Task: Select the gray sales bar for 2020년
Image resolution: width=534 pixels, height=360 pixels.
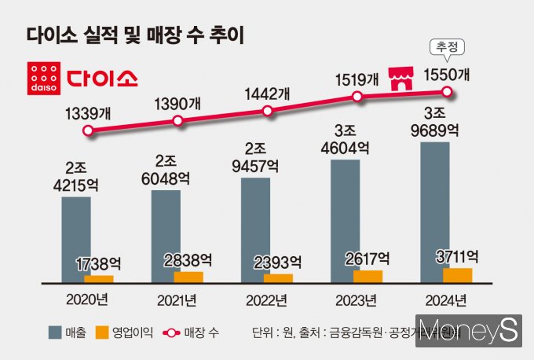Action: click(x=76, y=239)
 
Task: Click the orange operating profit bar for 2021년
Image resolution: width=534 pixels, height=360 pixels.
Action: click(x=188, y=277)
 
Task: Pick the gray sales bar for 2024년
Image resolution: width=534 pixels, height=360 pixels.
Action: click(x=435, y=212)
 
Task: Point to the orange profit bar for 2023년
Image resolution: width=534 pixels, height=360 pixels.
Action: click(x=368, y=276)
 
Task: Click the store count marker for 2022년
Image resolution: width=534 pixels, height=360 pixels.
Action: click(x=268, y=111)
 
